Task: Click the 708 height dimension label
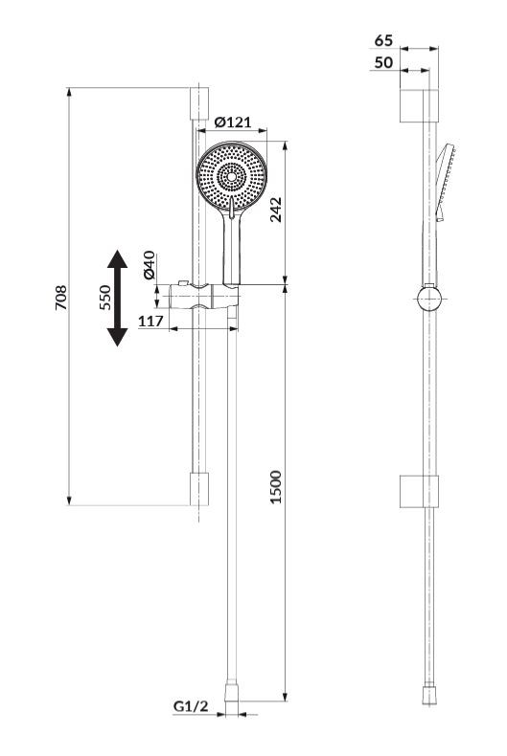coord(61,298)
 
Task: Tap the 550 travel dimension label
coord(104,298)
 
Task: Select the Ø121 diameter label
coord(233,122)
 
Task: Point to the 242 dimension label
coord(276,210)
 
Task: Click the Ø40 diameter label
coord(150,265)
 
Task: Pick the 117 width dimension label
coord(151,321)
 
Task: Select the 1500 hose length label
coord(275,487)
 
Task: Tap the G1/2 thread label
coord(191,706)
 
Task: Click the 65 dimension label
coord(384,40)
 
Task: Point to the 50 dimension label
coord(384,62)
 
